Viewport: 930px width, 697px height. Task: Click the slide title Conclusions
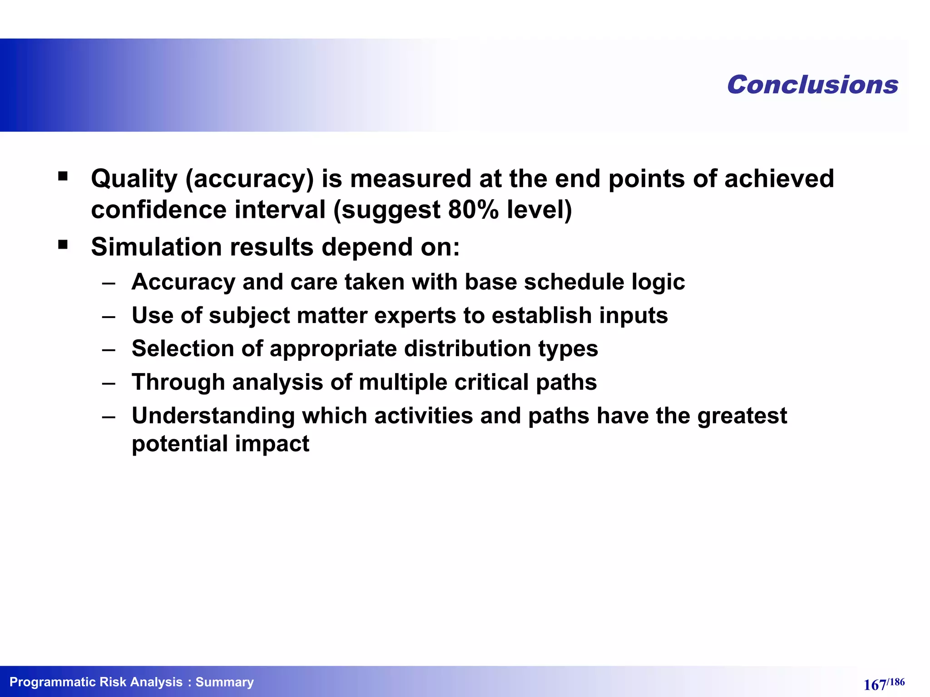(x=812, y=85)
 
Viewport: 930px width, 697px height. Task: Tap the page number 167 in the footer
(x=874, y=685)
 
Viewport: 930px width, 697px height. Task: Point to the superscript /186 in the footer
(x=895, y=682)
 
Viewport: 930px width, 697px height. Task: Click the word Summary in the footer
(x=224, y=682)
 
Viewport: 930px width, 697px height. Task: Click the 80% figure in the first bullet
(x=473, y=210)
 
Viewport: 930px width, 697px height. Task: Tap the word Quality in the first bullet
(x=134, y=179)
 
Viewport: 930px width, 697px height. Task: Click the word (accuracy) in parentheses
(x=249, y=179)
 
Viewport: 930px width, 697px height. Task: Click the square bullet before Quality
(x=63, y=176)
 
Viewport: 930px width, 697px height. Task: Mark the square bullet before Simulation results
(x=63, y=245)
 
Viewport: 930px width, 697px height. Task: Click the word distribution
(x=467, y=348)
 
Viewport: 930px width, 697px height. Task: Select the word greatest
(x=742, y=416)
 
